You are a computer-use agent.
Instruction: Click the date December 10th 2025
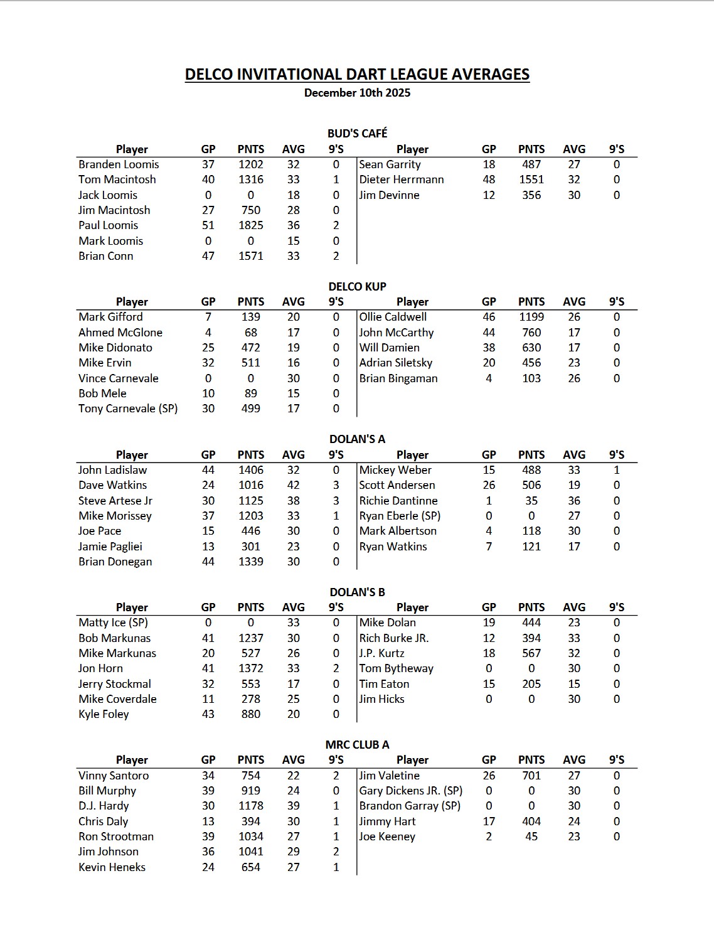(357, 93)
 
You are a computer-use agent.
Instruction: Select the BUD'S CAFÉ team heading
(357, 133)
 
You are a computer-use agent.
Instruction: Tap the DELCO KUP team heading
(357, 286)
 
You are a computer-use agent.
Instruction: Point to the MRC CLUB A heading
(357, 745)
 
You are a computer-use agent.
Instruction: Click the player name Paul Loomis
(108, 225)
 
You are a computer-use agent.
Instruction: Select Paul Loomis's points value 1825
(250, 225)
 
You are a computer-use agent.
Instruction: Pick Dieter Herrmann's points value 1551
(531, 179)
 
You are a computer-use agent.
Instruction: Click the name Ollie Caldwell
(393, 317)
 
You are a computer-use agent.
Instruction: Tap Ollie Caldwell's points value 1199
(531, 317)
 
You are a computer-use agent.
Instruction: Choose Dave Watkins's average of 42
(293, 485)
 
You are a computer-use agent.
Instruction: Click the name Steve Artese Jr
(115, 501)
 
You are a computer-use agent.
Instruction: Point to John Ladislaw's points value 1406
(250, 470)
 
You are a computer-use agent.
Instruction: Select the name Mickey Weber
(395, 470)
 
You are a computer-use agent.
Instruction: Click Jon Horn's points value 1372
(250, 668)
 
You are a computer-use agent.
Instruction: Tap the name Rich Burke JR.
(394, 638)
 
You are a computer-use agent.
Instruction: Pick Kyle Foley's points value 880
(250, 714)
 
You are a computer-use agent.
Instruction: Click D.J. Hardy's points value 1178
(250, 806)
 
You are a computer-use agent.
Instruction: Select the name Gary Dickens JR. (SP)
(411, 791)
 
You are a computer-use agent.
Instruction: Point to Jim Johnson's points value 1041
(250, 852)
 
